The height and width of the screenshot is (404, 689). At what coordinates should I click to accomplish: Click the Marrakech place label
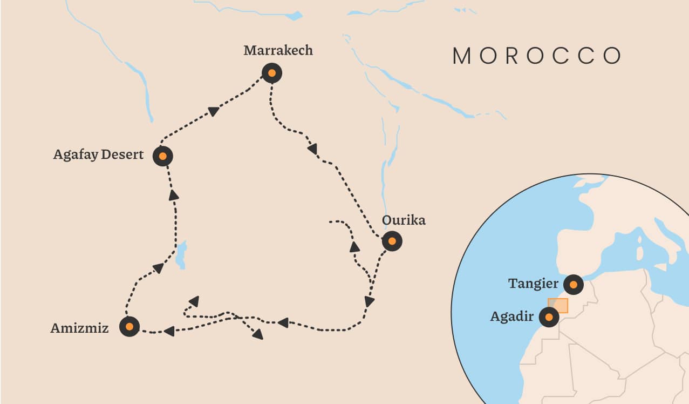[x=278, y=51]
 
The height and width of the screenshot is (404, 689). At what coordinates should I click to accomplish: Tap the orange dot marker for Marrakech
[x=272, y=73]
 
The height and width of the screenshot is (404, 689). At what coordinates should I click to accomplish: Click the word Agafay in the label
[x=76, y=155]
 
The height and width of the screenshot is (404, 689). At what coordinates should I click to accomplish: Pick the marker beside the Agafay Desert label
[x=163, y=157]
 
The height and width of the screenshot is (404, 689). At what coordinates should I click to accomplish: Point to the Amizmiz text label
[x=79, y=328]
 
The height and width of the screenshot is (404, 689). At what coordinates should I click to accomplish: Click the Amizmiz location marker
[x=129, y=327]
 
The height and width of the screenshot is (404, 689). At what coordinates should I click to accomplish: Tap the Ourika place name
[x=404, y=220]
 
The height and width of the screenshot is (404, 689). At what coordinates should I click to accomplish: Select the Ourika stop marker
[x=392, y=241]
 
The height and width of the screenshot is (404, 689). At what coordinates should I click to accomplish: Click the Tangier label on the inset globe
[x=533, y=284]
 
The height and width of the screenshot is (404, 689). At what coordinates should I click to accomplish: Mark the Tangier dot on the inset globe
[x=573, y=284]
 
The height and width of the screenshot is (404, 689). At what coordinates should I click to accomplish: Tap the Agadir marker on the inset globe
[x=549, y=318]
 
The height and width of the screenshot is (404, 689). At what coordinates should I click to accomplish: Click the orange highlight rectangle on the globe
[x=558, y=305]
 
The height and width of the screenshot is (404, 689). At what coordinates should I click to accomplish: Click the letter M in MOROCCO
[x=463, y=56]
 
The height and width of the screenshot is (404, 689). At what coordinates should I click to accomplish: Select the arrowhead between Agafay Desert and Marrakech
[x=214, y=111]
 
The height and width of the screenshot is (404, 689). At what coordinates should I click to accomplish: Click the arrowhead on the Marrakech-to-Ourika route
[x=312, y=147]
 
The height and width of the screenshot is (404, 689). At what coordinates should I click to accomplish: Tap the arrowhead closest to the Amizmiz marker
[x=169, y=331]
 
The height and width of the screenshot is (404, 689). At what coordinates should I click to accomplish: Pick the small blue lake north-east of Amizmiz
[x=181, y=254]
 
